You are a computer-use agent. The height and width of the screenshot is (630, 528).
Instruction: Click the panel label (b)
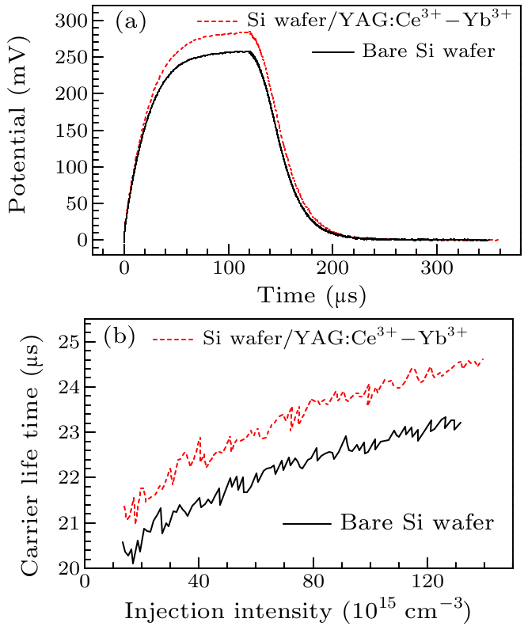click(120, 336)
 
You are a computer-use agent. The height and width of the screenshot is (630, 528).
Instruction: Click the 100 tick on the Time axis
click(229, 269)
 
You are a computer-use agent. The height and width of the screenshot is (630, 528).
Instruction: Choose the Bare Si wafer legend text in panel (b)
click(416, 522)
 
